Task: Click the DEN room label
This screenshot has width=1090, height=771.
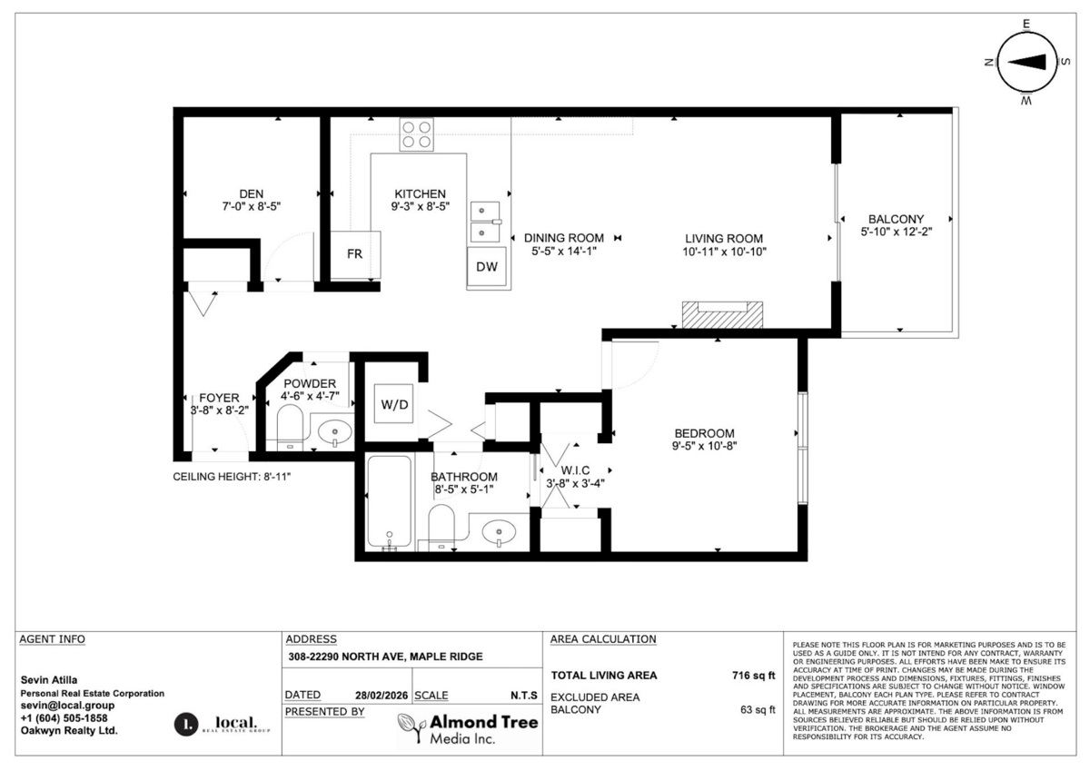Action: tap(251, 193)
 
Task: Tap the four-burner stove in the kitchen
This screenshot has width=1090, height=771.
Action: tap(417, 135)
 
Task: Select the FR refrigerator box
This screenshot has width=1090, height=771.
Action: tap(355, 253)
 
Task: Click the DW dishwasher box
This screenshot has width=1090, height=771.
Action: tap(487, 267)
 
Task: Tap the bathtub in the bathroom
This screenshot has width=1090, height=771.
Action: tap(391, 503)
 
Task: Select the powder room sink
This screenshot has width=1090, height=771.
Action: tap(337, 431)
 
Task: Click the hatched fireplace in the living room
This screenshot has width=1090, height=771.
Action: tap(723, 314)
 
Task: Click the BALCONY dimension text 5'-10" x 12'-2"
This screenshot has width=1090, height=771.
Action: tap(896, 232)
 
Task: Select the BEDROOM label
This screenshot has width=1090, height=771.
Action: tap(704, 433)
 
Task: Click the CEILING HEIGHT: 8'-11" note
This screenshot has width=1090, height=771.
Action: tap(232, 477)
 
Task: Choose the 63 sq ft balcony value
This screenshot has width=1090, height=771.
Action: tap(758, 710)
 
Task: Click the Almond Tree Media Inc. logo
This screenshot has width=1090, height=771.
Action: tap(468, 729)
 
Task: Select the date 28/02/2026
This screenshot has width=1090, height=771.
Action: tap(381, 696)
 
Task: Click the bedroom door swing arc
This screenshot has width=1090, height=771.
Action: tap(636, 361)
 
